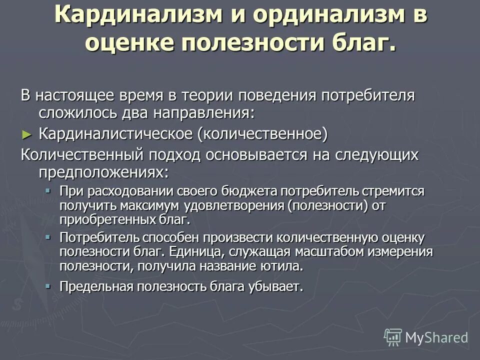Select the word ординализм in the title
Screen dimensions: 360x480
tap(318, 16)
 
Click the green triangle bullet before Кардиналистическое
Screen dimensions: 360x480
tap(27, 134)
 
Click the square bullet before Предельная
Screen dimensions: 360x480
tap(48, 286)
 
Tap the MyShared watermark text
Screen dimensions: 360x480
tap(436, 338)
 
